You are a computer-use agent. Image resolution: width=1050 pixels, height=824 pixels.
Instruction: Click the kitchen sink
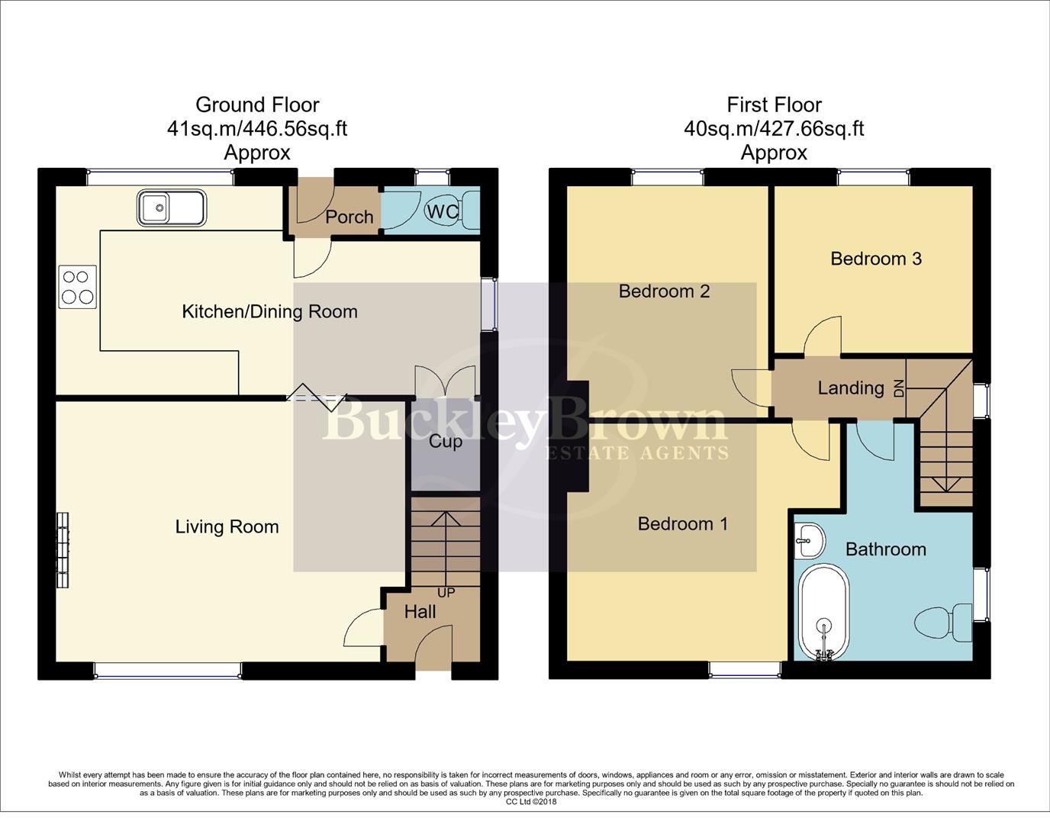coord(171,208)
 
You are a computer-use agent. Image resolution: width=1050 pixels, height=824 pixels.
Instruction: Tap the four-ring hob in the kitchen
coord(78,287)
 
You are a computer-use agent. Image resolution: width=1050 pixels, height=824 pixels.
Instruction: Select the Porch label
coord(349,217)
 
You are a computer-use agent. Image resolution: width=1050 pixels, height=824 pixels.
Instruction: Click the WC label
coord(443,211)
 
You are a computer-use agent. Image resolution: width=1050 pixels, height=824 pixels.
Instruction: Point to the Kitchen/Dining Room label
coord(269,311)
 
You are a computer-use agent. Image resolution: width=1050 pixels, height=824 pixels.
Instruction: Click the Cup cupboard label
coord(445,442)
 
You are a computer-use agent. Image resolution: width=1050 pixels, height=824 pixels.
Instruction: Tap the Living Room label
coord(227,526)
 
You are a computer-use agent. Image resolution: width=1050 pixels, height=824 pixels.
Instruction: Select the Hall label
coord(420,611)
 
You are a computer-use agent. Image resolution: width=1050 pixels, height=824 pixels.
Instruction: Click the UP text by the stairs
coord(446,593)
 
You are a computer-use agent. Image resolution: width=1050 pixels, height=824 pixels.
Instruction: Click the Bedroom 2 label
coord(664,291)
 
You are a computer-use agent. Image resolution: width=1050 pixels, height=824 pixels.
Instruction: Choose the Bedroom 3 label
coord(876,259)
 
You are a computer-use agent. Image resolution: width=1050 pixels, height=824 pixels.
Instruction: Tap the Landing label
coord(850,388)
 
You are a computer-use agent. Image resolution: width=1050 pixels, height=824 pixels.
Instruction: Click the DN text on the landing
coord(899,388)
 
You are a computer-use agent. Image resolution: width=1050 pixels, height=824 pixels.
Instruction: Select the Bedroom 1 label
coord(682,523)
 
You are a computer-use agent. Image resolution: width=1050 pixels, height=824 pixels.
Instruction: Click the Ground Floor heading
coord(257,105)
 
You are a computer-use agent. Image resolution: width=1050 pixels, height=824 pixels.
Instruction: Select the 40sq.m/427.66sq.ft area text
coord(774,128)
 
